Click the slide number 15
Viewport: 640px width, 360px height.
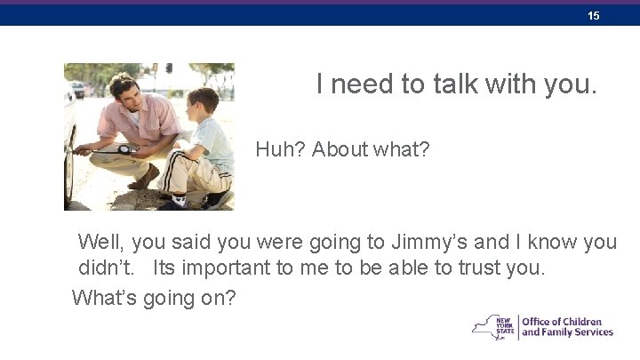594,16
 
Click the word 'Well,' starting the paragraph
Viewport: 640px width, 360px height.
101,242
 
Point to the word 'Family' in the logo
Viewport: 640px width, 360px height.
561,332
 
